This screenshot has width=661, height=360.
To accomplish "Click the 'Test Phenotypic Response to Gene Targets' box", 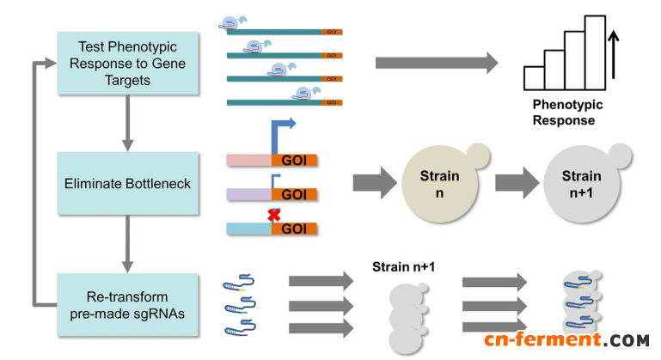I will pyautogui.click(x=126, y=63).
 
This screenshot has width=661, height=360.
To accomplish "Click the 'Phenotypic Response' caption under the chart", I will pyautogui.click(x=567, y=113).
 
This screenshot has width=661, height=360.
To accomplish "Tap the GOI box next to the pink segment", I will pyautogui.click(x=294, y=160).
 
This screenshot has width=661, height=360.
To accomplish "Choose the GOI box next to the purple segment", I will pyautogui.click(x=294, y=195).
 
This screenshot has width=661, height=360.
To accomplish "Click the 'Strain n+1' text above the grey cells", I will pyautogui.click(x=404, y=267).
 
